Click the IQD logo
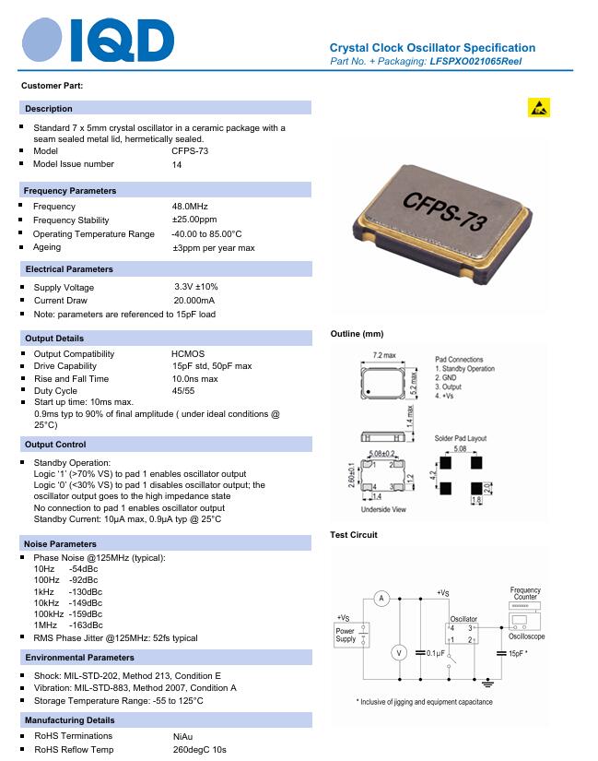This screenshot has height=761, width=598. coord(97,41)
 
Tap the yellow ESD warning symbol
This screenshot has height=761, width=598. coord(539,108)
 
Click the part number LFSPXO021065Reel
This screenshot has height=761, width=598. coord(483,61)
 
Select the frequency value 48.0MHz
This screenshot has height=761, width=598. coord(190,207)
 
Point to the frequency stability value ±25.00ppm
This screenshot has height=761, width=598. coord(194,220)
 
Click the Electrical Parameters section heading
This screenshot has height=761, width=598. coord(69,269)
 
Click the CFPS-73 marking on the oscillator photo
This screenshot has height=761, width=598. coord(432,211)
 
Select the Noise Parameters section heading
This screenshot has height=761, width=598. coord(61,544)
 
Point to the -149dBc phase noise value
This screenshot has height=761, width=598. coord(86,602)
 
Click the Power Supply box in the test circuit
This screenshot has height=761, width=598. coord(346,635)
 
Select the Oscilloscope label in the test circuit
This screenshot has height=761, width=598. coord(526,636)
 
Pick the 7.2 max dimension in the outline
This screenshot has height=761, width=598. coord(384,355)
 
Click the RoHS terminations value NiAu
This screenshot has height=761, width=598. coord(183,737)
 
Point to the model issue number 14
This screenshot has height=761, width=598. coord(177,165)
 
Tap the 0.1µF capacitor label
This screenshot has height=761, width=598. coord(436,653)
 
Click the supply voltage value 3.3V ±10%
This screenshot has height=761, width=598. coord(196,287)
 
